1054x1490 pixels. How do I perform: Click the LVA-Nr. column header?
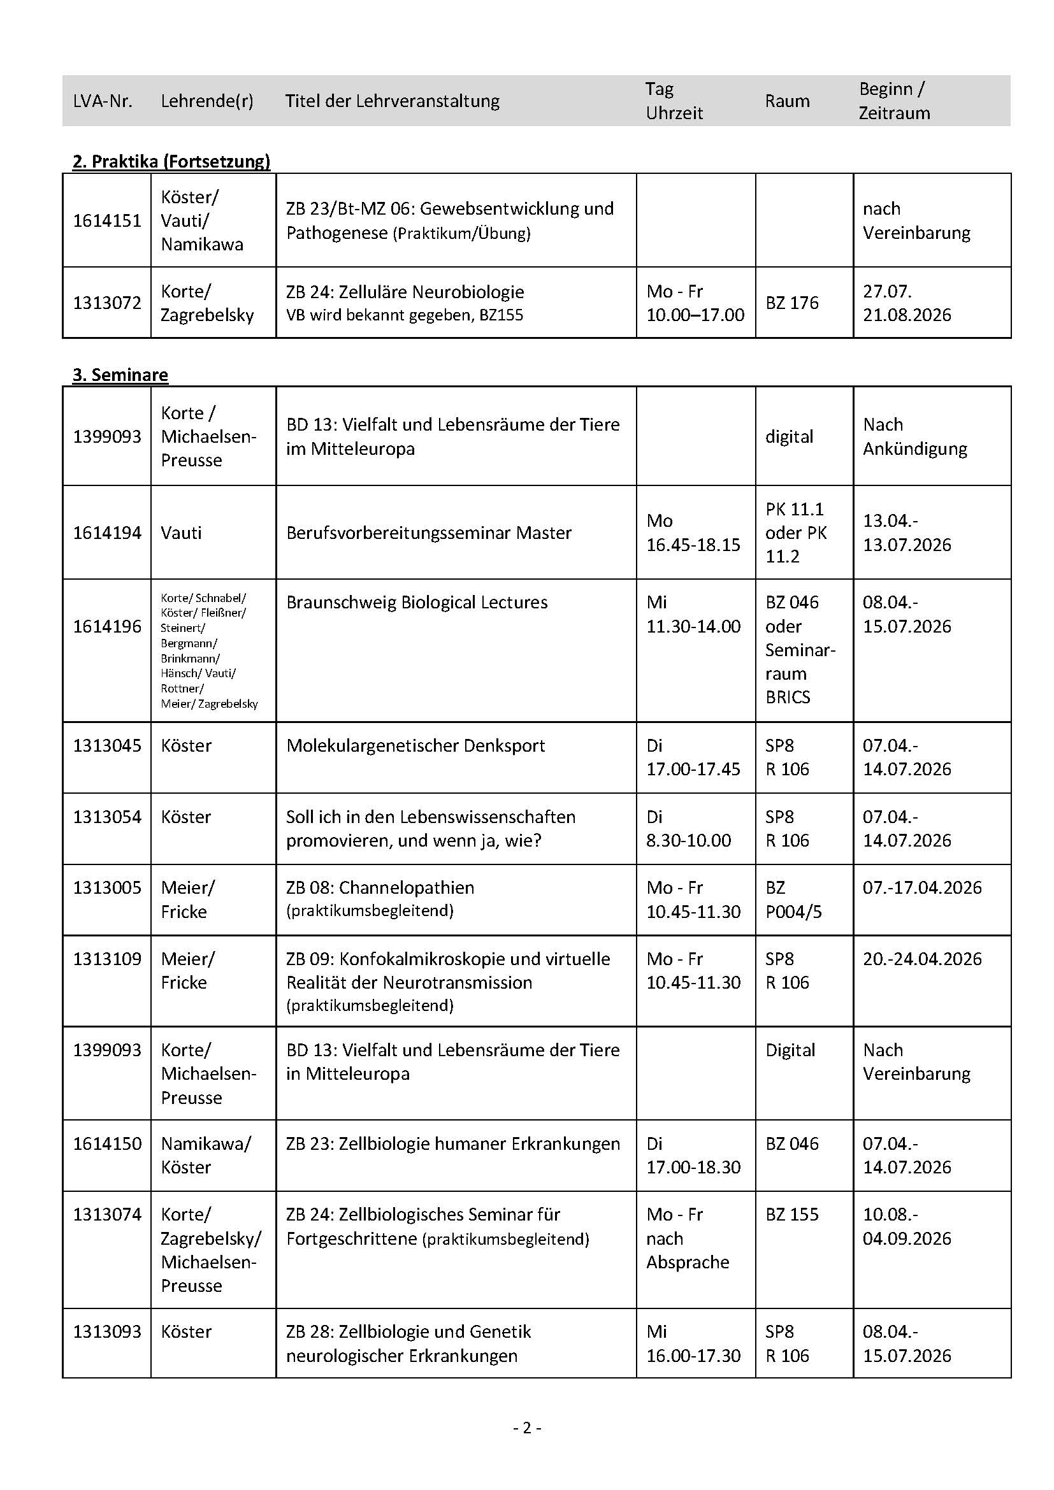coord(103,101)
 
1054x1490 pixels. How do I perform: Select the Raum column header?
coord(786,101)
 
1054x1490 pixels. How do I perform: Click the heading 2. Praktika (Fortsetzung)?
coord(171,161)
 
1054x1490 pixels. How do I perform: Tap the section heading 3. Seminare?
coord(120,375)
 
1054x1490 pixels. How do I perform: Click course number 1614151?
coord(107,220)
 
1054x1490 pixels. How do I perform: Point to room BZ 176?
coord(792,303)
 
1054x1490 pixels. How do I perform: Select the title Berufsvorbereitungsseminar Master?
coord(428,533)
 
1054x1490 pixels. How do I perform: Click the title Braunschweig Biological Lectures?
coord(417,602)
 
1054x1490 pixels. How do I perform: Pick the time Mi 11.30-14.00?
coord(693,614)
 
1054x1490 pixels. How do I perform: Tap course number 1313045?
coord(107,745)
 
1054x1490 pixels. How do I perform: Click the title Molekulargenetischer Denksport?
coord(415,745)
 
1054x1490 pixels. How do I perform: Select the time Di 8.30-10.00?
coord(688,828)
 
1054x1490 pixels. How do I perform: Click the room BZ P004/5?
coord(793,899)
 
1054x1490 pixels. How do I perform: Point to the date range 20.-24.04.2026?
coord(921,959)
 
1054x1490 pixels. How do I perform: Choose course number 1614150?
coord(107,1143)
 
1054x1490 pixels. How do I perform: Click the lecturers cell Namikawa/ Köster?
coord(205,1155)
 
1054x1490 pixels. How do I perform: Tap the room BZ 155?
coord(792,1214)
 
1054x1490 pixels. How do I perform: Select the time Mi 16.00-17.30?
coord(693,1343)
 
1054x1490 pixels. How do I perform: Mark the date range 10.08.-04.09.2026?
coord(907,1226)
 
